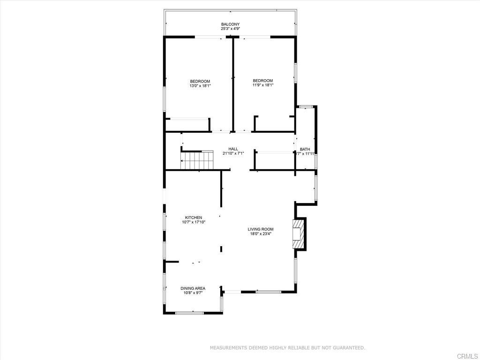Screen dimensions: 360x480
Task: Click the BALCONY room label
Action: click(231, 24)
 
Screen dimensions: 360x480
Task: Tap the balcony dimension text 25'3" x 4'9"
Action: click(231, 29)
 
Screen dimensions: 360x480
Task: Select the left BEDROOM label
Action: click(200, 81)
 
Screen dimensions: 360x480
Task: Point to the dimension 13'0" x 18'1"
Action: click(200, 86)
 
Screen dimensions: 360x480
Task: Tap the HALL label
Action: click(233, 149)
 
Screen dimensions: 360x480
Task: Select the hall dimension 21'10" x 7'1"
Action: click(233, 154)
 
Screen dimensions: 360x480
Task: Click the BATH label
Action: click(305, 150)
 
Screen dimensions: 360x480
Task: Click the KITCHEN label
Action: click(194, 217)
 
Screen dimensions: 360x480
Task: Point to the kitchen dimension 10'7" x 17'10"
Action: click(194, 222)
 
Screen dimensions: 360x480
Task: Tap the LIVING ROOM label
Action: click(261, 229)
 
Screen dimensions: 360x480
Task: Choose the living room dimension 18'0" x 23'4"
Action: click(261, 234)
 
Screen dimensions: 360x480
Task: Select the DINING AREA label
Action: click(193, 288)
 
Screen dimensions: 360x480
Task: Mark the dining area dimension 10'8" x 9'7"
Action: click(193, 293)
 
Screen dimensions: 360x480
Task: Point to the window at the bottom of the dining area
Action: click(189, 313)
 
